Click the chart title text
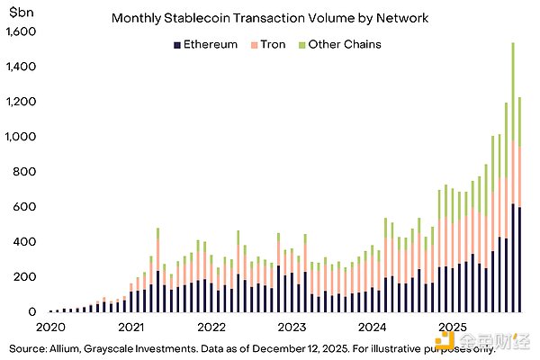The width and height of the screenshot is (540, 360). tap(269, 17)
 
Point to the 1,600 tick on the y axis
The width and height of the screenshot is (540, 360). tap(20, 31)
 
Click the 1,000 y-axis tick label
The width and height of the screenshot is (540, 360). tap(20, 137)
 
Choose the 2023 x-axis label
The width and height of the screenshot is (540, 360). tap(290, 326)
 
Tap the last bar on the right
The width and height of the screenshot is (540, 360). tap(519, 207)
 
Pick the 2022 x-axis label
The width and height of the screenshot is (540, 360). tap(211, 326)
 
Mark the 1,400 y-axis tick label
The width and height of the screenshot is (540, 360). tap(20, 67)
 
